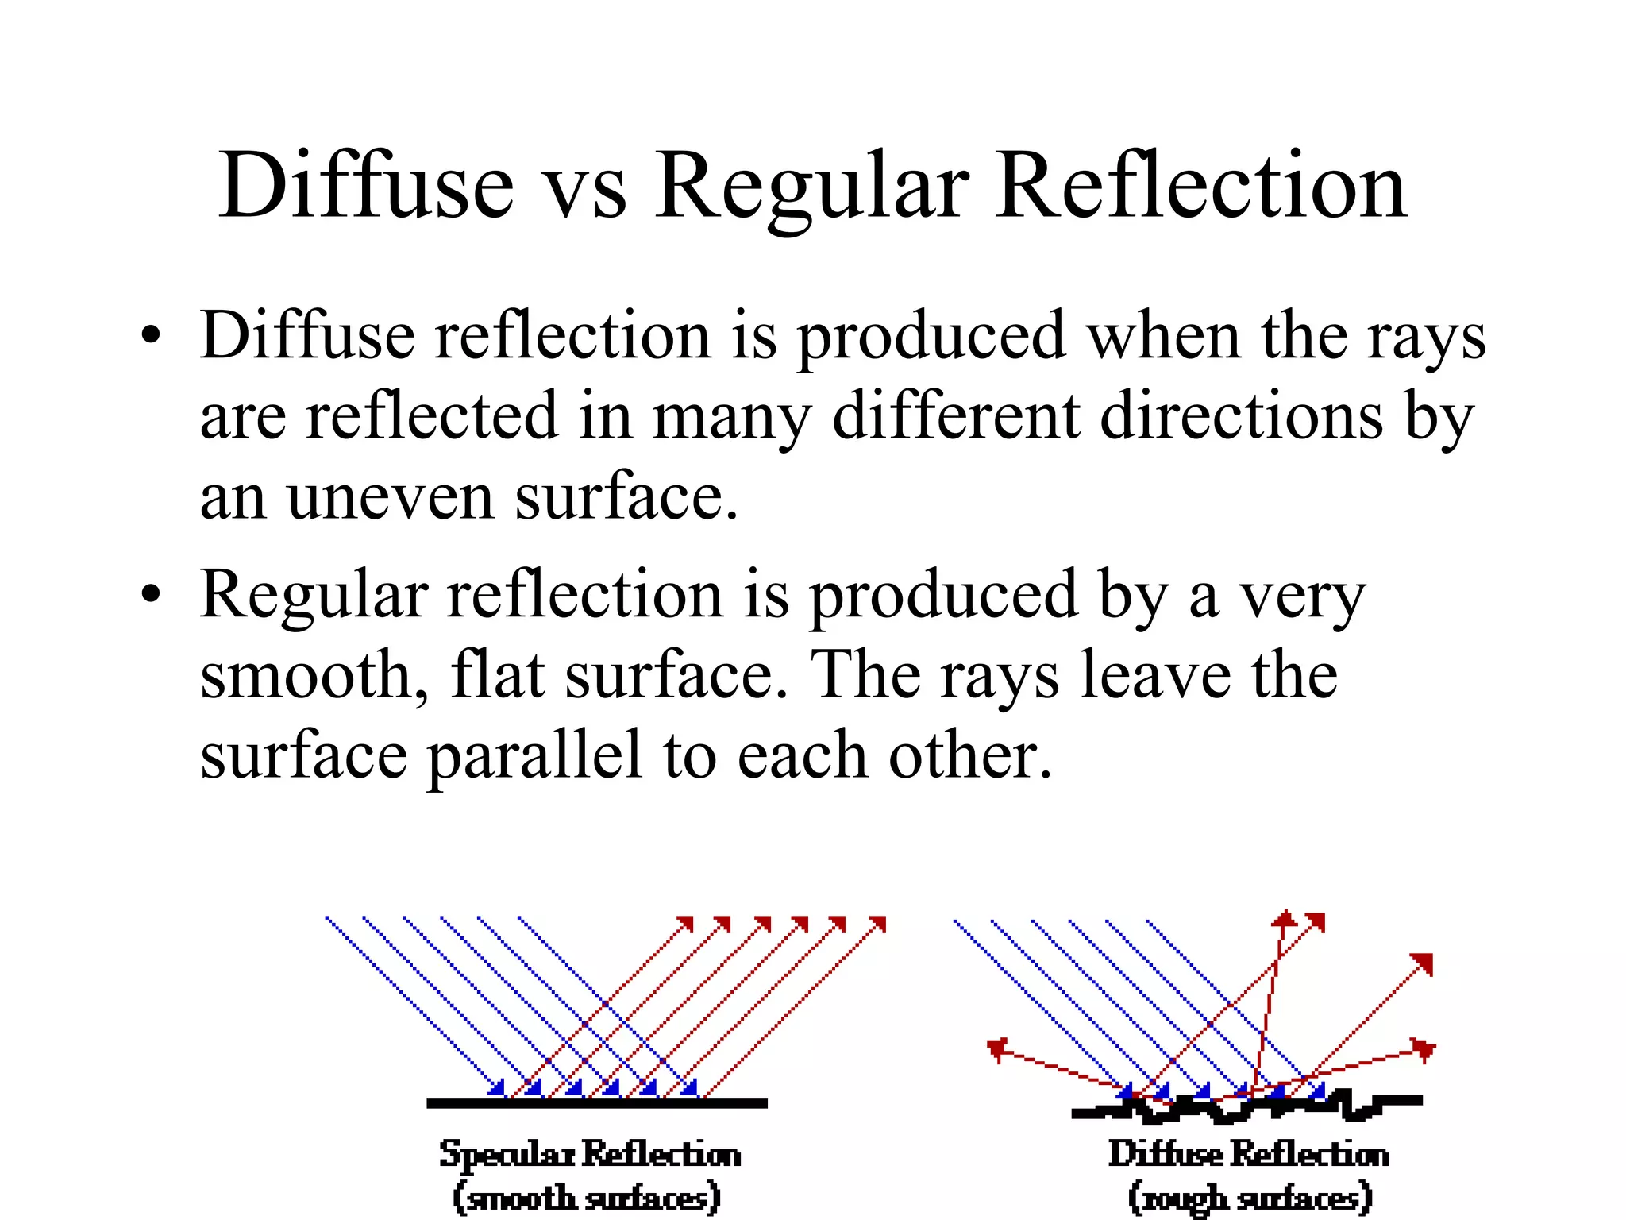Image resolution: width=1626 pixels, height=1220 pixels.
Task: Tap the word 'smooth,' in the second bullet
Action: coord(314,675)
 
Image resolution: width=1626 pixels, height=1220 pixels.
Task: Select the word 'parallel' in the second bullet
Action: coord(534,756)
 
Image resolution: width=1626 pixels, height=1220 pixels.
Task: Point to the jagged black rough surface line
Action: coord(1246,1106)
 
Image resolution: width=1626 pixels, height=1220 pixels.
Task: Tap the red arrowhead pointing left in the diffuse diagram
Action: coord(998,1049)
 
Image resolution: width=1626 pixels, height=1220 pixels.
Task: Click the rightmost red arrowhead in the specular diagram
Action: coord(878,924)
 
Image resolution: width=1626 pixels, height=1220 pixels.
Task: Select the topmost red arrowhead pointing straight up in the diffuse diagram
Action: coord(1284,920)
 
